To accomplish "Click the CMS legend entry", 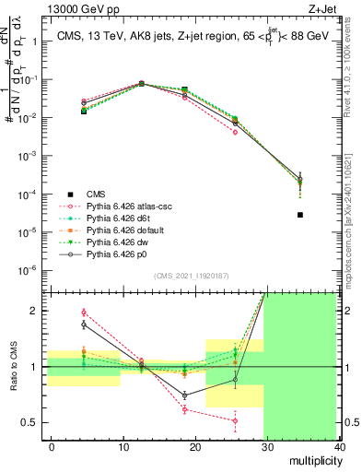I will [96, 194].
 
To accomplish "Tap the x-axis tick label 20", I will [195, 447].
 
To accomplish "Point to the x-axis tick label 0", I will [52, 447].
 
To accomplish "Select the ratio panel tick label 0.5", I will [29, 422].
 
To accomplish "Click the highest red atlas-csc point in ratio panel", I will [84, 313].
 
